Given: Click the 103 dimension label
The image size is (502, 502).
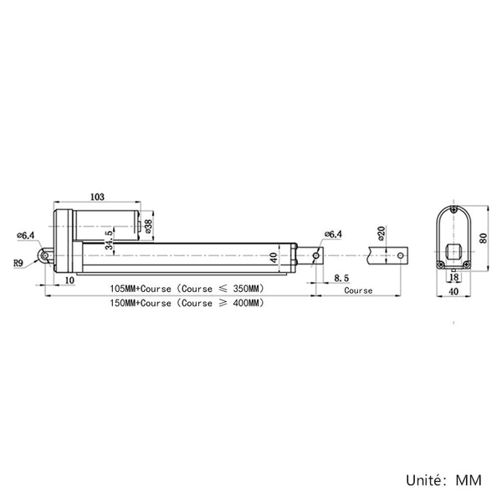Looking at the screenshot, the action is (97, 197).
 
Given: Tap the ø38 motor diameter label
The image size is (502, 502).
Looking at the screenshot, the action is (149, 226).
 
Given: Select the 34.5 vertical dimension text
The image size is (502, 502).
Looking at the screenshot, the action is (109, 240).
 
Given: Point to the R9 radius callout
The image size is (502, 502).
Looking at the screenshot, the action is (18, 264).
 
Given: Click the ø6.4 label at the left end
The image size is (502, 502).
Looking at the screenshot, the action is (26, 236).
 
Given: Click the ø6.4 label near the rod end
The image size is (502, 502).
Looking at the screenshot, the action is (333, 234).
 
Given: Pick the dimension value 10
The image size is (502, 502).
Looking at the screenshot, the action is (69, 280).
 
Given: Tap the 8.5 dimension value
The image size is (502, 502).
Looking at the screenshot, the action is (341, 278).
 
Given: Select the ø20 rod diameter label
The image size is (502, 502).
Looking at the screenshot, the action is (381, 233).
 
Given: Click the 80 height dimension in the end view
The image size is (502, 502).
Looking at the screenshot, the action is (483, 238).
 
